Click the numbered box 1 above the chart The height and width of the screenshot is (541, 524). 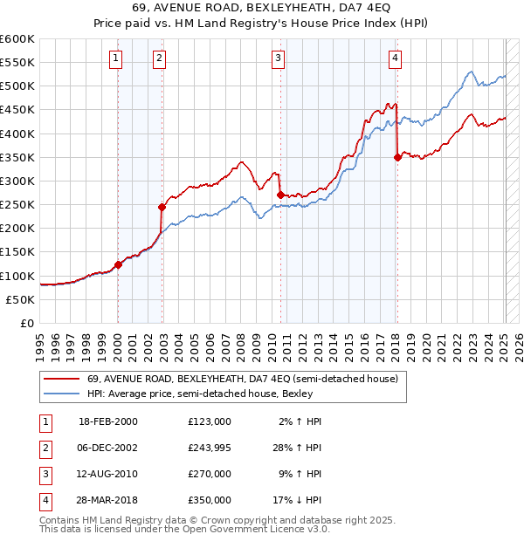pos(117,58)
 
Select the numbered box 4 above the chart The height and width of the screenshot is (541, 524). pos(396,58)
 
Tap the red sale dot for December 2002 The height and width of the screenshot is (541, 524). pos(162,208)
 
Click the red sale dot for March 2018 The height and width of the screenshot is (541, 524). pos(397,157)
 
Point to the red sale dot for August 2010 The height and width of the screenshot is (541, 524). pos(280,195)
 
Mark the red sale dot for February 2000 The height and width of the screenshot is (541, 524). pos(118,264)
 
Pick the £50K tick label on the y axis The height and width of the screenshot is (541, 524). pos(21,299)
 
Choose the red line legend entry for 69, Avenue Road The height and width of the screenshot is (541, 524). pos(242,379)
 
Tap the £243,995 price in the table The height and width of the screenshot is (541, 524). pos(209,448)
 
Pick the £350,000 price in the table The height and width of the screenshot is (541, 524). pos(209,500)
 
